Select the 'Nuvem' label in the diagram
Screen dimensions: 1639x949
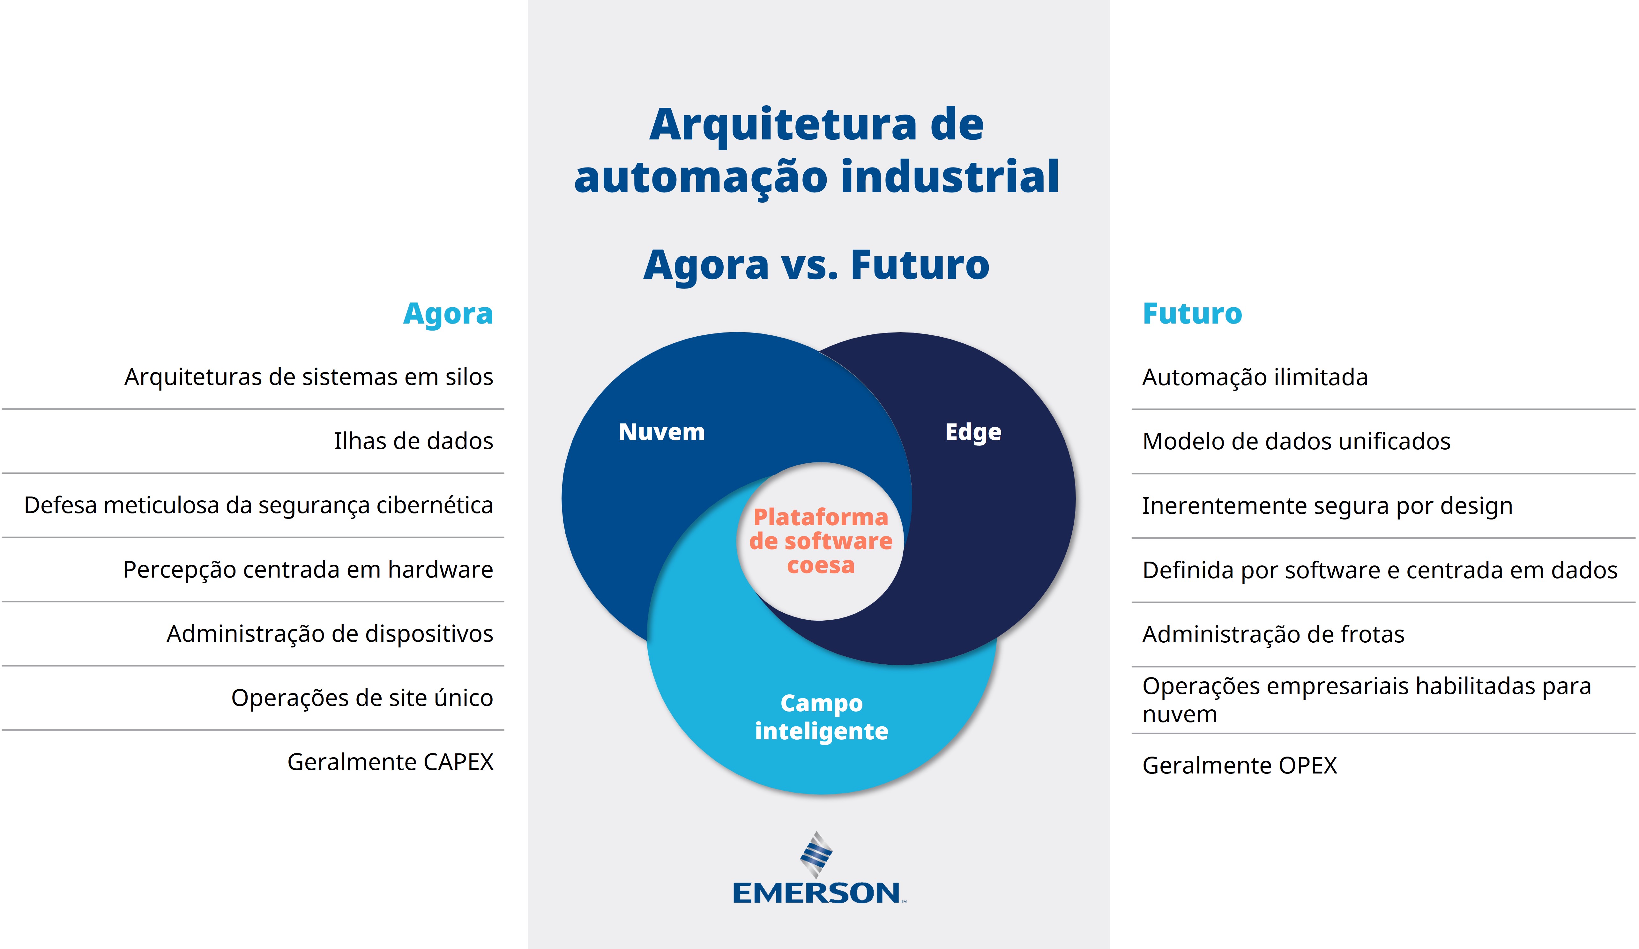(x=661, y=432)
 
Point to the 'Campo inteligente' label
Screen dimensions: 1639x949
(x=822, y=717)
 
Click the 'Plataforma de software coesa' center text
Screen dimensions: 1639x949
(x=821, y=541)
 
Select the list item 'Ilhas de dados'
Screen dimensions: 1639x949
(x=413, y=441)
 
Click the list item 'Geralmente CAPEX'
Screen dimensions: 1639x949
(x=390, y=762)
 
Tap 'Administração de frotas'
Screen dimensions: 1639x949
(x=1273, y=634)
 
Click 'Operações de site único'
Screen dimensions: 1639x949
(x=362, y=698)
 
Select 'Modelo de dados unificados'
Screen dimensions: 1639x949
(x=1296, y=441)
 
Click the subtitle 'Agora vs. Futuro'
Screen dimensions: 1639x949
(x=816, y=265)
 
